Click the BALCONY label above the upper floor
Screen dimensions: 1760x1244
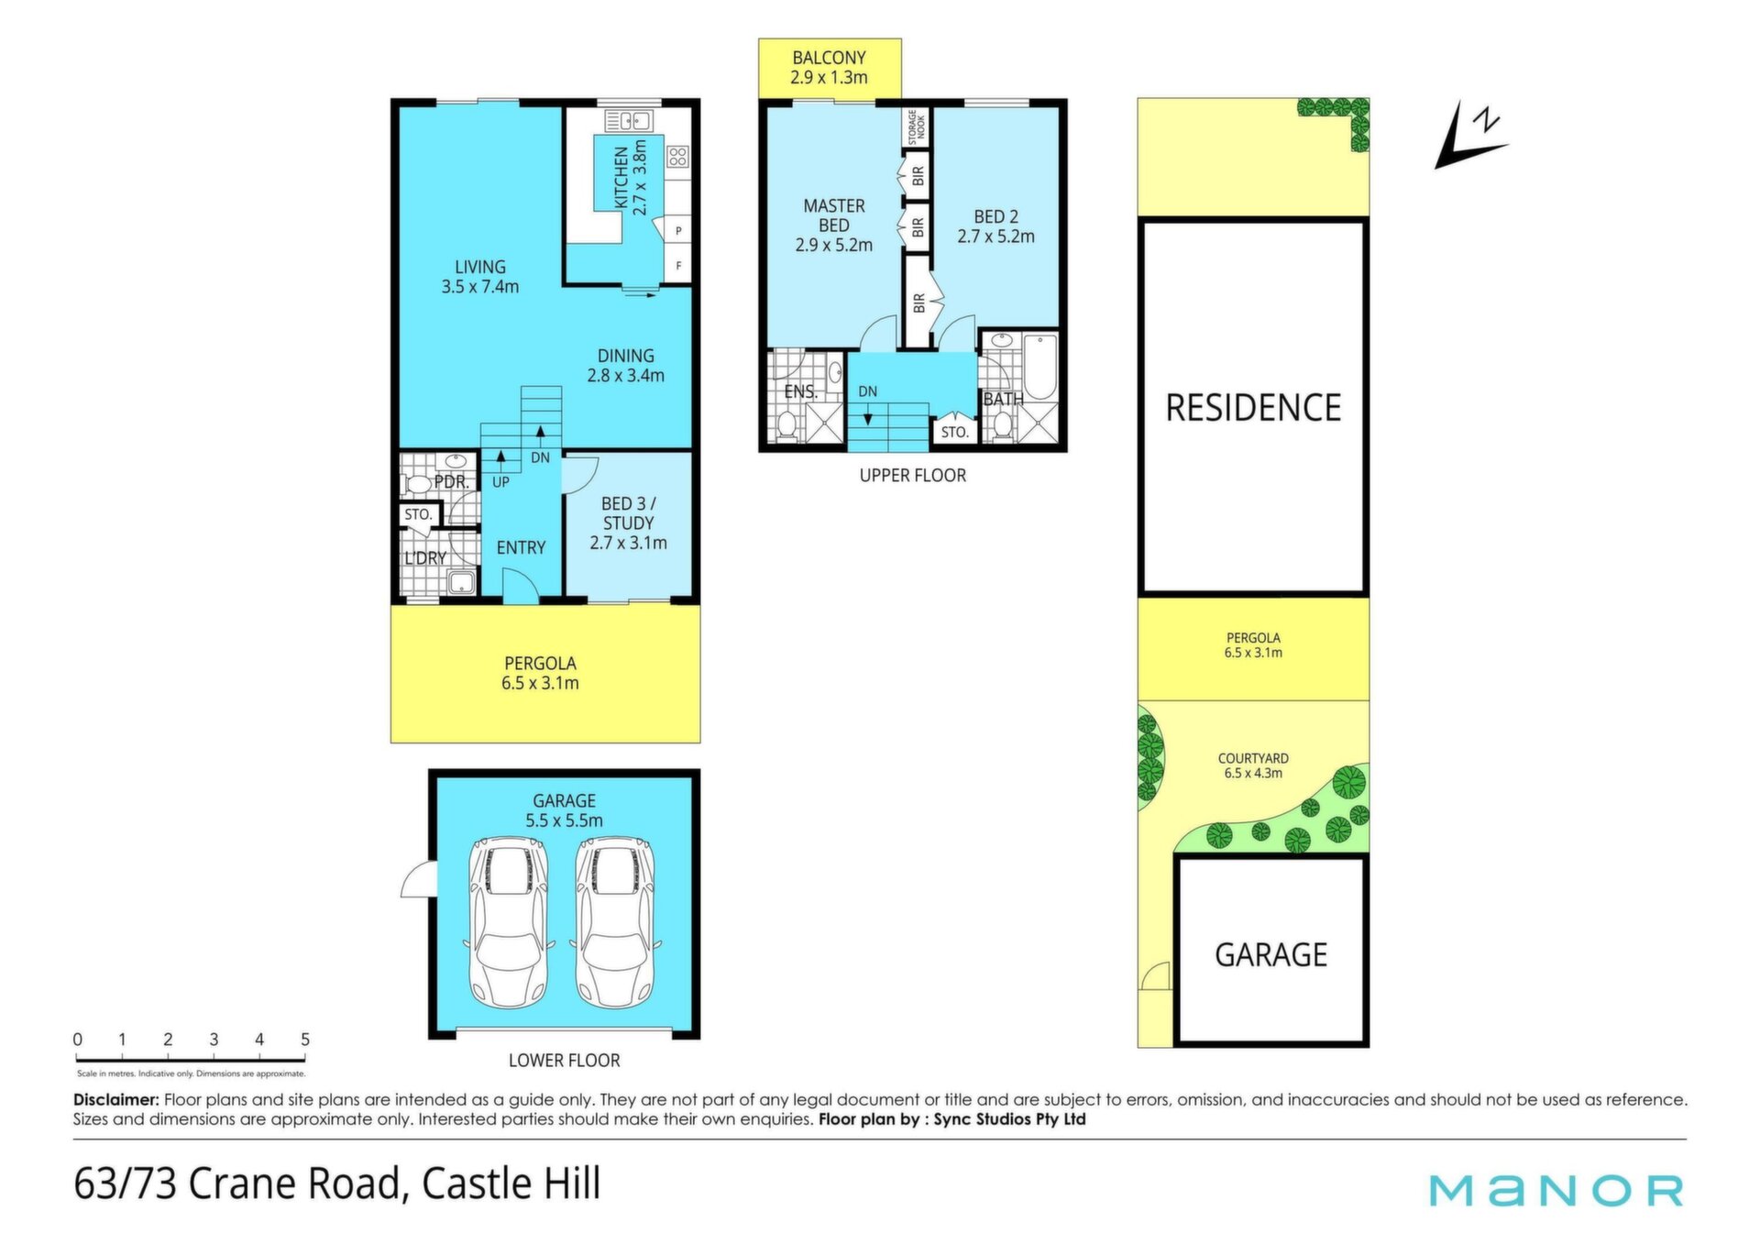click(x=829, y=58)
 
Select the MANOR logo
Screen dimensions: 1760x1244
click(x=1556, y=1190)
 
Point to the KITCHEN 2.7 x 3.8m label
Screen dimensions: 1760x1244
click(x=631, y=178)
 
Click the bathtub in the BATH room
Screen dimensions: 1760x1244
click(x=1040, y=368)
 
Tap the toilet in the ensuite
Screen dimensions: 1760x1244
click(x=786, y=425)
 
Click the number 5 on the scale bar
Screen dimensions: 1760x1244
click(x=305, y=1040)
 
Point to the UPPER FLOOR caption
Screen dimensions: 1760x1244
click(x=913, y=475)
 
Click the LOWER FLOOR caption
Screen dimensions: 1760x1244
click(x=565, y=1061)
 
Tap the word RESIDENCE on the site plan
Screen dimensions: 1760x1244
click(x=1253, y=408)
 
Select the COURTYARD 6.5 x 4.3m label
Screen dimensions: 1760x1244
click(x=1253, y=765)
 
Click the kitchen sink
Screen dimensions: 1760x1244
click(x=629, y=120)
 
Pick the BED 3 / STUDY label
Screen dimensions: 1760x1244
click(x=629, y=523)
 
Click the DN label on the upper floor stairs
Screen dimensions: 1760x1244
click(x=867, y=391)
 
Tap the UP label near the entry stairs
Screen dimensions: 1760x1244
click(x=501, y=482)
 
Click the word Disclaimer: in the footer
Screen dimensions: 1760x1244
click(x=116, y=1100)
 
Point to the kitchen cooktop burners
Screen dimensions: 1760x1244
click(x=677, y=157)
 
